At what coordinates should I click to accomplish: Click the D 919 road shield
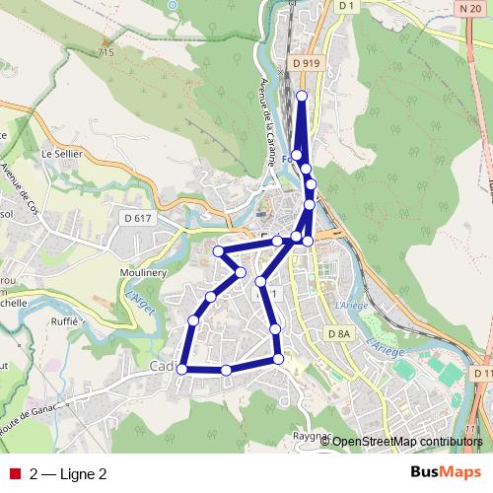coord(307,63)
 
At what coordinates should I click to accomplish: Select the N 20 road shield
coord(469,8)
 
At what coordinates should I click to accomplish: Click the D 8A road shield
coord(338,335)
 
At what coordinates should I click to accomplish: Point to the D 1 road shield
coord(345,6)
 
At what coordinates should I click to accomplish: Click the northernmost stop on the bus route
coord(302,96)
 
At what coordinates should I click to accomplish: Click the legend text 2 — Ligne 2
coord(68,474)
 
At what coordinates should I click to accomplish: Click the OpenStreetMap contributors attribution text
coord(407,442)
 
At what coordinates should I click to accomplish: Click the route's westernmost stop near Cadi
coord(182,369)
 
